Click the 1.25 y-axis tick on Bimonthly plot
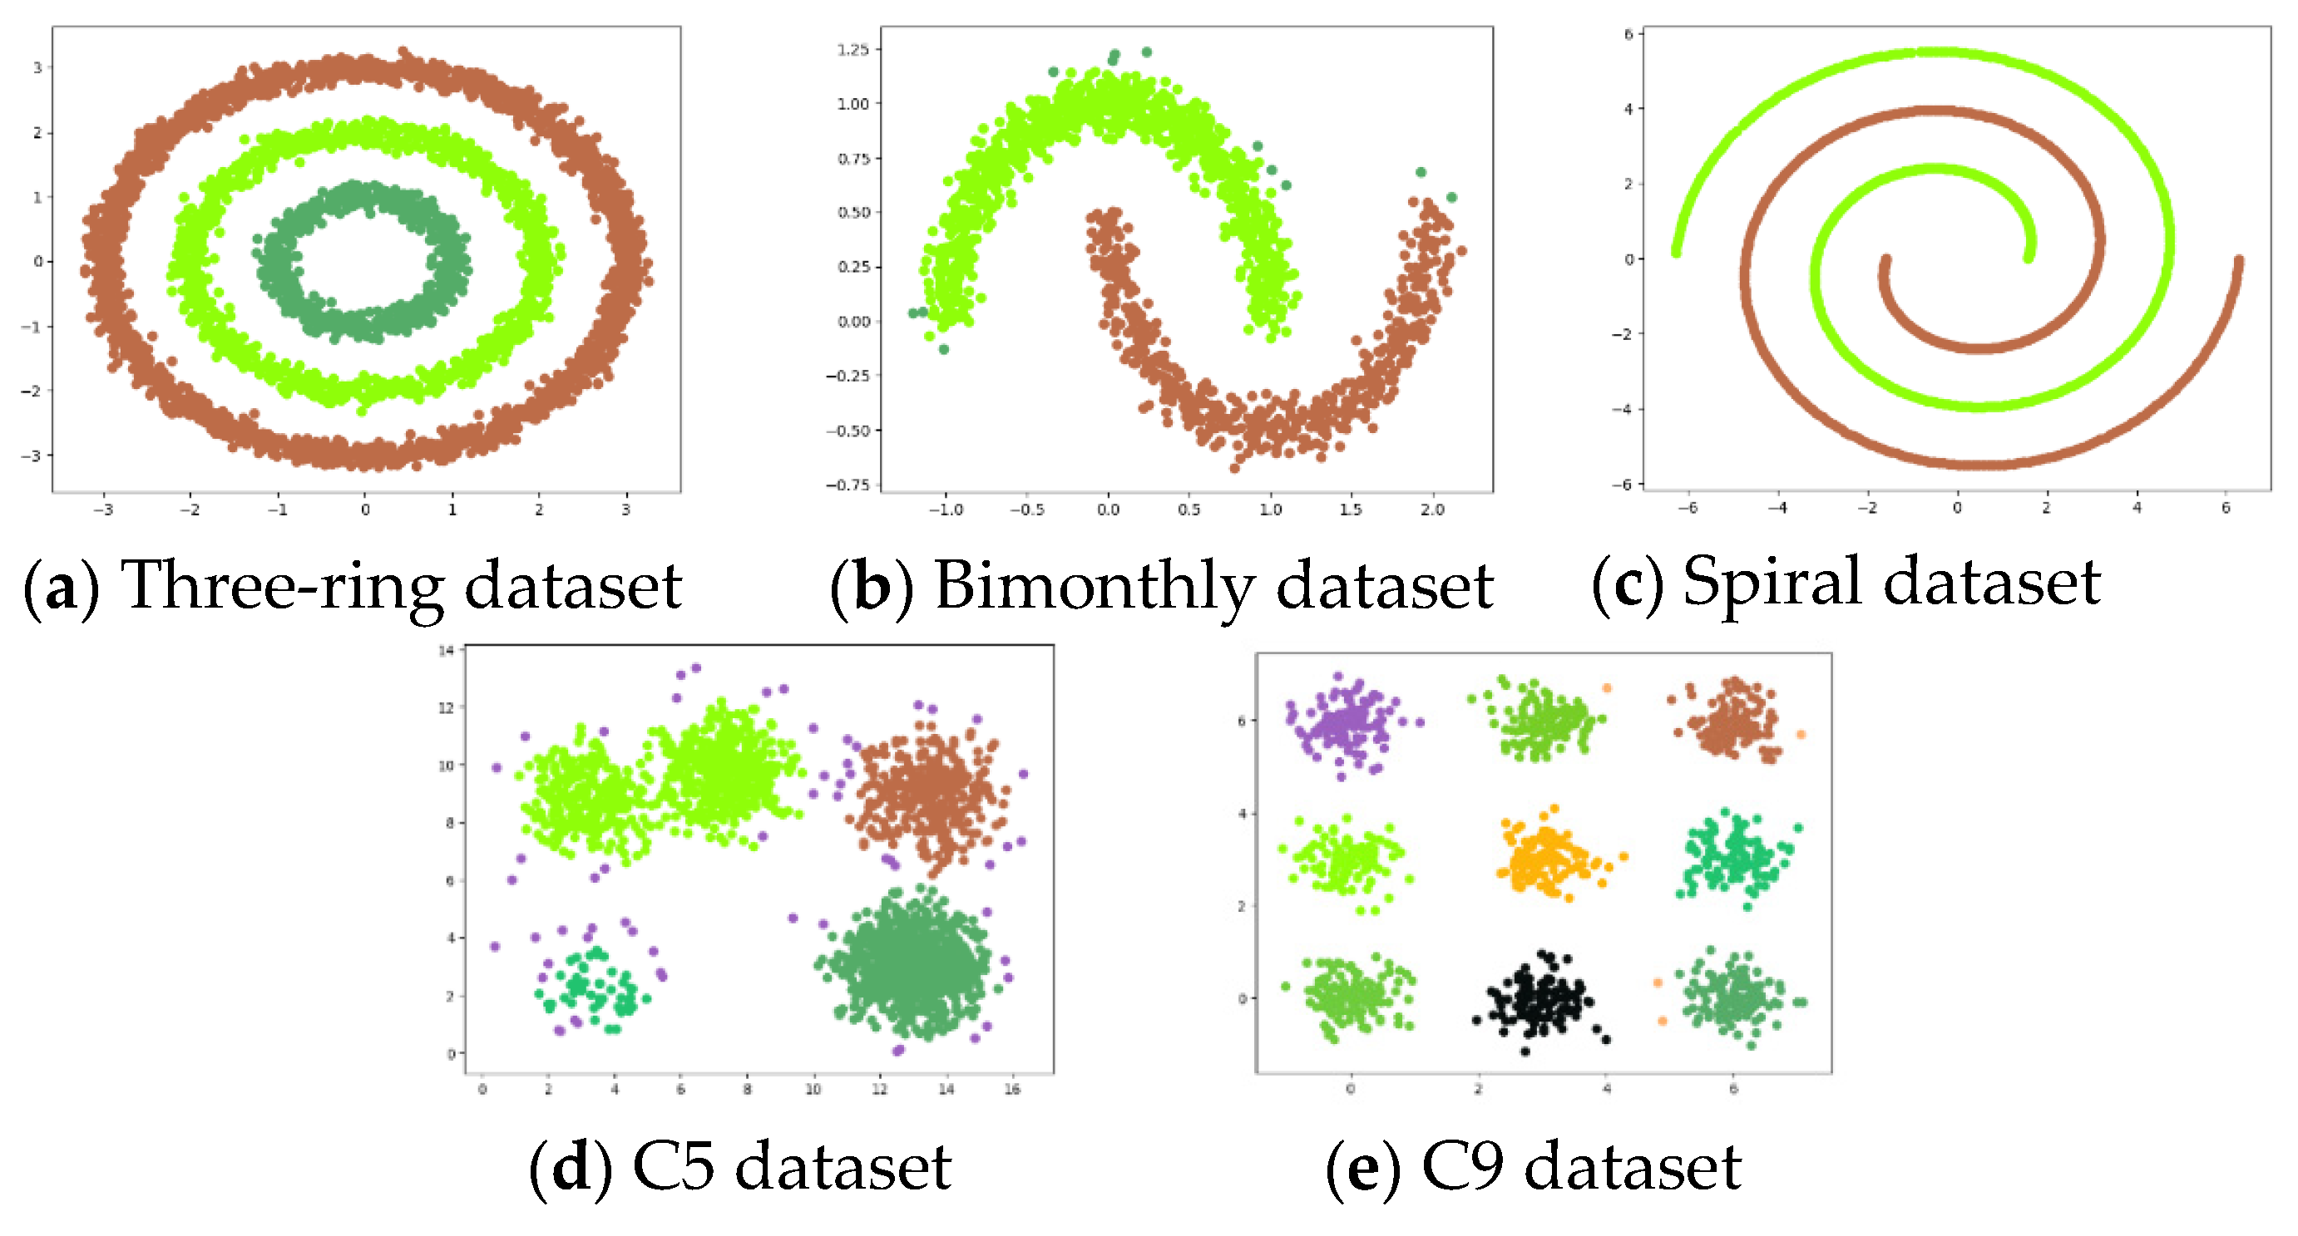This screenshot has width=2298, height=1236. pos(852,50)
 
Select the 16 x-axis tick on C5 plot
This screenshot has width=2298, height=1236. pos(1011,1090)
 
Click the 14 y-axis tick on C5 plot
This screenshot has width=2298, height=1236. pos(446,651)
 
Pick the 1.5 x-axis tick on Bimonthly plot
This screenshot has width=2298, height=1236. pos(1351,510)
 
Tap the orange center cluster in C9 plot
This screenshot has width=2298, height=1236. pos(1548,859)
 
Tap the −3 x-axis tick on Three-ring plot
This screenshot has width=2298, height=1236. pos(103,510)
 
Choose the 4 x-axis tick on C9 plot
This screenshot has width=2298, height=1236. pos(1607,1090)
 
